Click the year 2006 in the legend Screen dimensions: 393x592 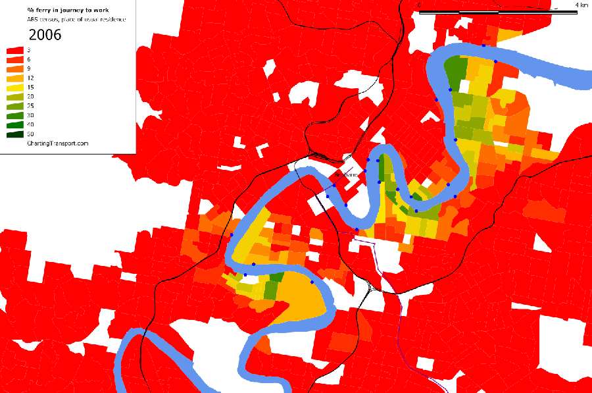[x=45, y=35]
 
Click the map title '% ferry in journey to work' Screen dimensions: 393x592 [x=68, y=10]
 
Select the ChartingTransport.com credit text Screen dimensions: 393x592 [x=57, y=143]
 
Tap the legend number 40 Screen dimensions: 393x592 [x=31, y=124]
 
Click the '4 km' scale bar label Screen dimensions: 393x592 [x=581, y=5]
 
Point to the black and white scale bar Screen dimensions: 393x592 [x=498, y=12]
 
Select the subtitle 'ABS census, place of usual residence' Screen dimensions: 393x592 [x=76, y=20]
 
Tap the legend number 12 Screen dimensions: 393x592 [x=31, y=78]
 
